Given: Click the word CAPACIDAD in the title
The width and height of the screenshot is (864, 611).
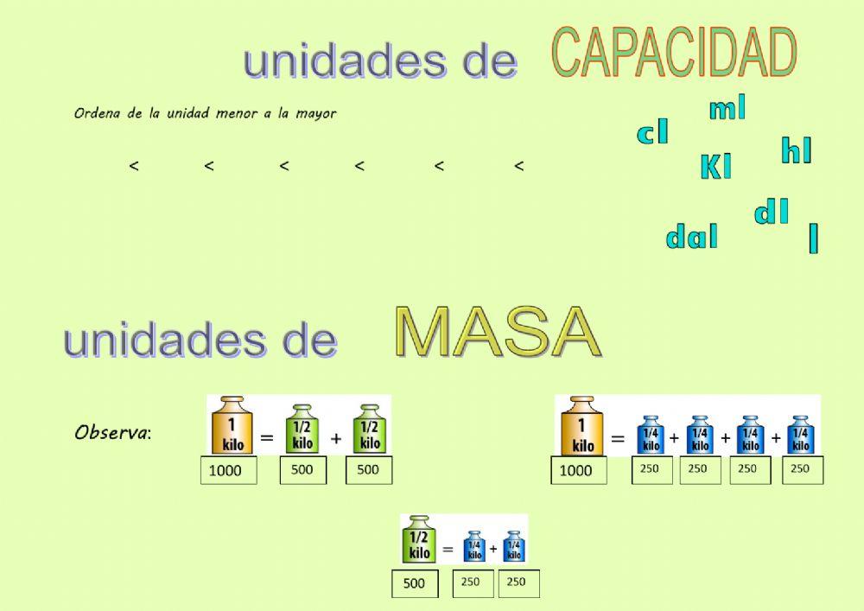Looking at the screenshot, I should tap(673, 54).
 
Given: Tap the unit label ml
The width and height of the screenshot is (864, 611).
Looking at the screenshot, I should tap(727, 109).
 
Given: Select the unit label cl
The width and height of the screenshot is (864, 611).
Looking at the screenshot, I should tap(652, 133).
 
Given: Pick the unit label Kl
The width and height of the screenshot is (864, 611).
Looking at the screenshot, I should tap(715, 167).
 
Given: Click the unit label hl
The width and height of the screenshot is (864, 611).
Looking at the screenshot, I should tap(796, 151).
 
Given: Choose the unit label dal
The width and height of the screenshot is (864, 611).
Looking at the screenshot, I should tap(691, 237).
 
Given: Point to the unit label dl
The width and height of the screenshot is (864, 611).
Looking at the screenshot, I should tap(772, 213).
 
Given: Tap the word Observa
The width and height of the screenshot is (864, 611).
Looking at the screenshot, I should tap(111, 432).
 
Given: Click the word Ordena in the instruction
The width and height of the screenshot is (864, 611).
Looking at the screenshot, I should tap(98, 113).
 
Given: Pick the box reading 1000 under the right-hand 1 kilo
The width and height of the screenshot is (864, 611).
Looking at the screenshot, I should tap(578, 470).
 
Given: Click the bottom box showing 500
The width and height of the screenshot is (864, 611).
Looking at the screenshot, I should tap(415, 583).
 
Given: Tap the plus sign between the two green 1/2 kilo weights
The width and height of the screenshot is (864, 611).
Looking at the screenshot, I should tap(336, 439).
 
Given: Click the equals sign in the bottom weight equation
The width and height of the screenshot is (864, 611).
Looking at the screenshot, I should tap(448, 549).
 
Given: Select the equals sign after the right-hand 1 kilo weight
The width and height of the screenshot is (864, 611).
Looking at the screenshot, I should tap(618, 439).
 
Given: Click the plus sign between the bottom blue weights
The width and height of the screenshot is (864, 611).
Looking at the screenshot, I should tap(492, 549).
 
